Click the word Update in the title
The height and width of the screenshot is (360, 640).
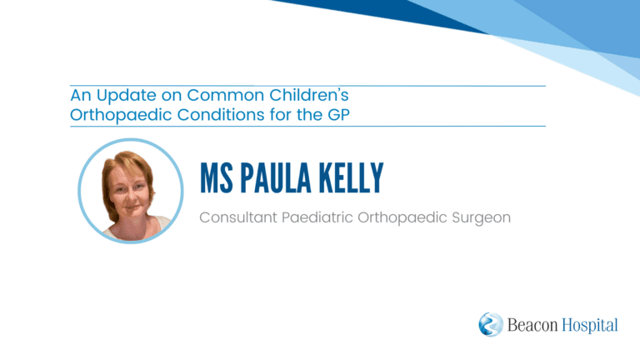pyautogui.click(x=126, y=97)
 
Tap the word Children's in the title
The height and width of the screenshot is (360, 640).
pyautogui.click(x=309, y=95)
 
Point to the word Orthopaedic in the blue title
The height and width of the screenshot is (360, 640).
pyautogui.click(x=121, y=116)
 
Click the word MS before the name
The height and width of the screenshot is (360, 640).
pyautogui.click(x=217, y=178)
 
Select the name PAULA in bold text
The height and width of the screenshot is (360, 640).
pyautogui.click(x=276, y=178)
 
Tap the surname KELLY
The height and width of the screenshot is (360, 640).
pyautogui.click(x=351, y=178)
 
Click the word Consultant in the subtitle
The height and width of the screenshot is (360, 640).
pyautogui.click(x=238, y=217)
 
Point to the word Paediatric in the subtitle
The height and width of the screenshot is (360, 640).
pyautogui.click(x=317, y=217)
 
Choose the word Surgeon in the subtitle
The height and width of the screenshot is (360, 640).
pyautogui.click(x=481, y=218)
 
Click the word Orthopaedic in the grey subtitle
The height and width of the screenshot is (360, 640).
pyautogui.click(x=402, y=218)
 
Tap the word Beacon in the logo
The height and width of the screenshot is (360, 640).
pyautogui.click(x=532, y=325)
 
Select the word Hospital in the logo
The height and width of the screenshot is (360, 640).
pyautogui.click(x=590, y=326)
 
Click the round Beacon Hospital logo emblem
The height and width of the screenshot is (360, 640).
pyautogui.click(x=491, y=324)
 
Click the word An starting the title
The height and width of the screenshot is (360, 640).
pyautogui.click(x=80, y=96)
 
